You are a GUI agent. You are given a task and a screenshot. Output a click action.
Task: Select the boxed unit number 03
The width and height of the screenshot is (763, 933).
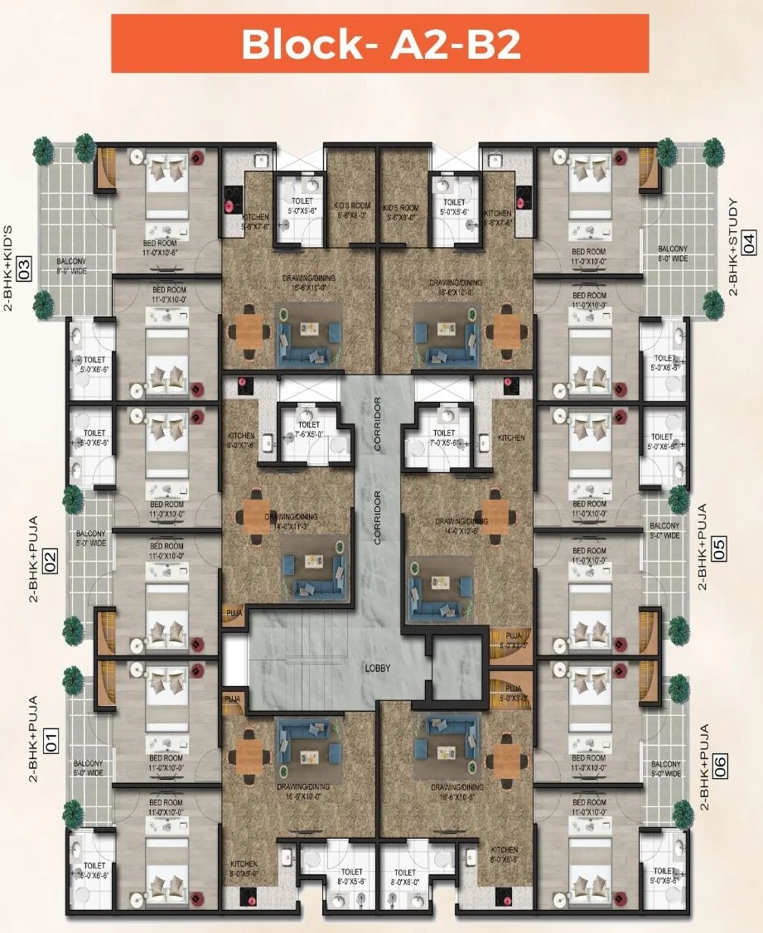pyautogui.click(x=24, y=268)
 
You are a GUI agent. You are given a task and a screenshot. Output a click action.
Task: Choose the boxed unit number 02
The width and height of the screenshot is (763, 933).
pyautogui.click(x=51, y=562)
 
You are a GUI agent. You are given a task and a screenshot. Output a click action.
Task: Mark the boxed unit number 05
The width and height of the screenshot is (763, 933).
pyautogui.click(x=719, y=549)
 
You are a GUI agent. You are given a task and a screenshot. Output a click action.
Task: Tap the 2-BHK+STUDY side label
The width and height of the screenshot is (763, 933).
pyautogui.click(x=732, y=247)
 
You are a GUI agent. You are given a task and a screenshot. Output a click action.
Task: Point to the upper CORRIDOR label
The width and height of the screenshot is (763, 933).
pyautogui.click(x=377, y=423)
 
